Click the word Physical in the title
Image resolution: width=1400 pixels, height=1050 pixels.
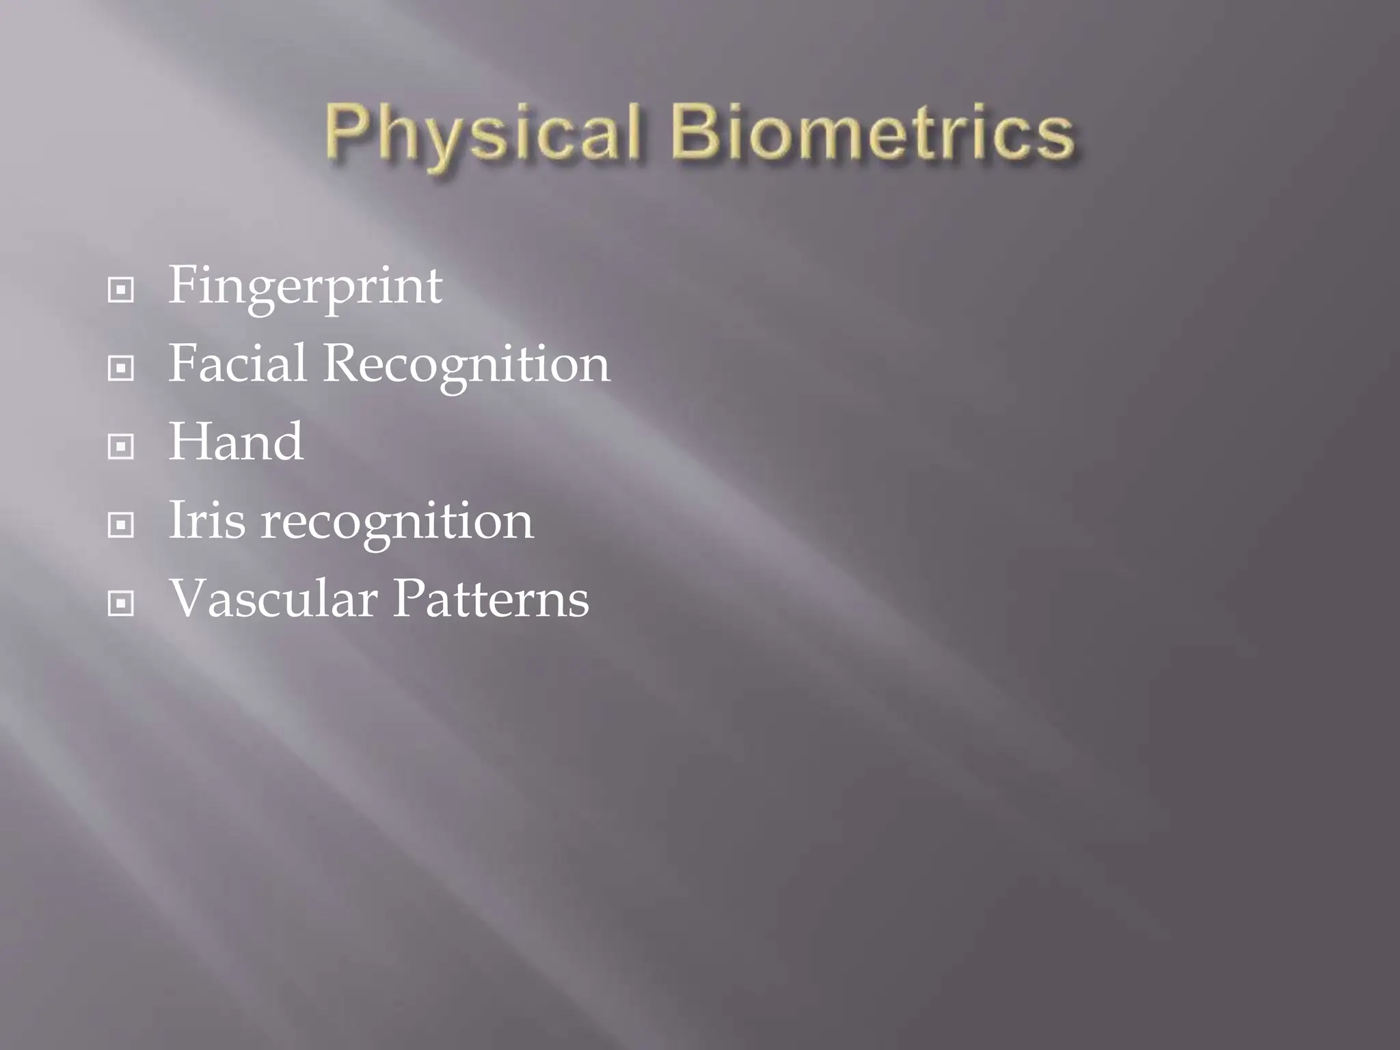point(483,134)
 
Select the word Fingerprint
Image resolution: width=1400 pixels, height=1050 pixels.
point(305,287)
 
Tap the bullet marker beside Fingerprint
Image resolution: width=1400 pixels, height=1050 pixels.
point(121,291)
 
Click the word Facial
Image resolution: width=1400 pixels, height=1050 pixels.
point(237,364)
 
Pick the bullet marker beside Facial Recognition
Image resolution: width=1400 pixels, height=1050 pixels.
point(121,369)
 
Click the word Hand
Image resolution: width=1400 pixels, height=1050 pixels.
point(236,442)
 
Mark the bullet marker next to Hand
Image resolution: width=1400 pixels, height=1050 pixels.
point(121,448)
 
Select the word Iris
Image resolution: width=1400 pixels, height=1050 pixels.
point(206,521)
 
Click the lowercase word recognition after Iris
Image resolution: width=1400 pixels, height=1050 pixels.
point(397,522)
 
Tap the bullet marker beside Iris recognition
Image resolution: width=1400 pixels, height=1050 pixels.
point(121,526)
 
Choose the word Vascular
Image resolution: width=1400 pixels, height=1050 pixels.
point(273,599)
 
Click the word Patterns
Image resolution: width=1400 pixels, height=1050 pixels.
point(490,599)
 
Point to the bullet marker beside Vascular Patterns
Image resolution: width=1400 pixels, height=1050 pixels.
point(121,604)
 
